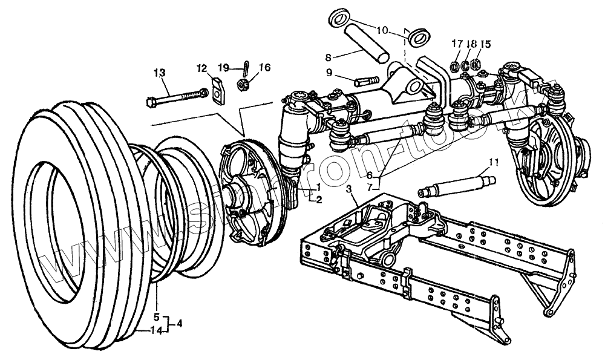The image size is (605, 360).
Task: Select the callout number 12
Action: [x=201, y=68]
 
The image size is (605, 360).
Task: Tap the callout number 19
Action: [x=224, y=67]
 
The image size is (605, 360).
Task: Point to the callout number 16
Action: [x=264, y=67]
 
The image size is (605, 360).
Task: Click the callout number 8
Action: [x=329, y=58]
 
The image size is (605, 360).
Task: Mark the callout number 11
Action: [x=494, y=162]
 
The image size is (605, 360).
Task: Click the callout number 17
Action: [x=456, y=44]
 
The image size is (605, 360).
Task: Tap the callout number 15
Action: [x=486, y=44]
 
